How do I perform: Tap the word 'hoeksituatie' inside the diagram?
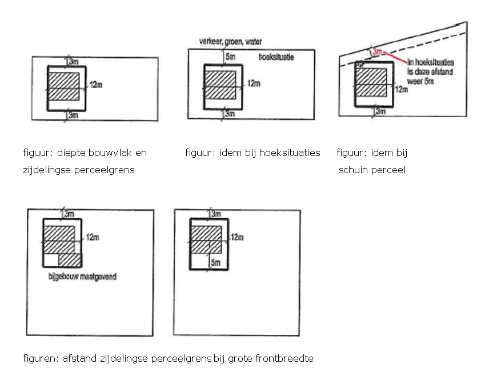click(x=276, y=57)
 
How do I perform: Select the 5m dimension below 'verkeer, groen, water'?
click(x=230, y=57)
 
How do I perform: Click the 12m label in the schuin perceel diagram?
click(x=402, y=89)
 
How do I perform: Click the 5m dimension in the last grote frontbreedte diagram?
click(x=215, y=263)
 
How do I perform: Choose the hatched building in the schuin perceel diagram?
click(x=371, y=83)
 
